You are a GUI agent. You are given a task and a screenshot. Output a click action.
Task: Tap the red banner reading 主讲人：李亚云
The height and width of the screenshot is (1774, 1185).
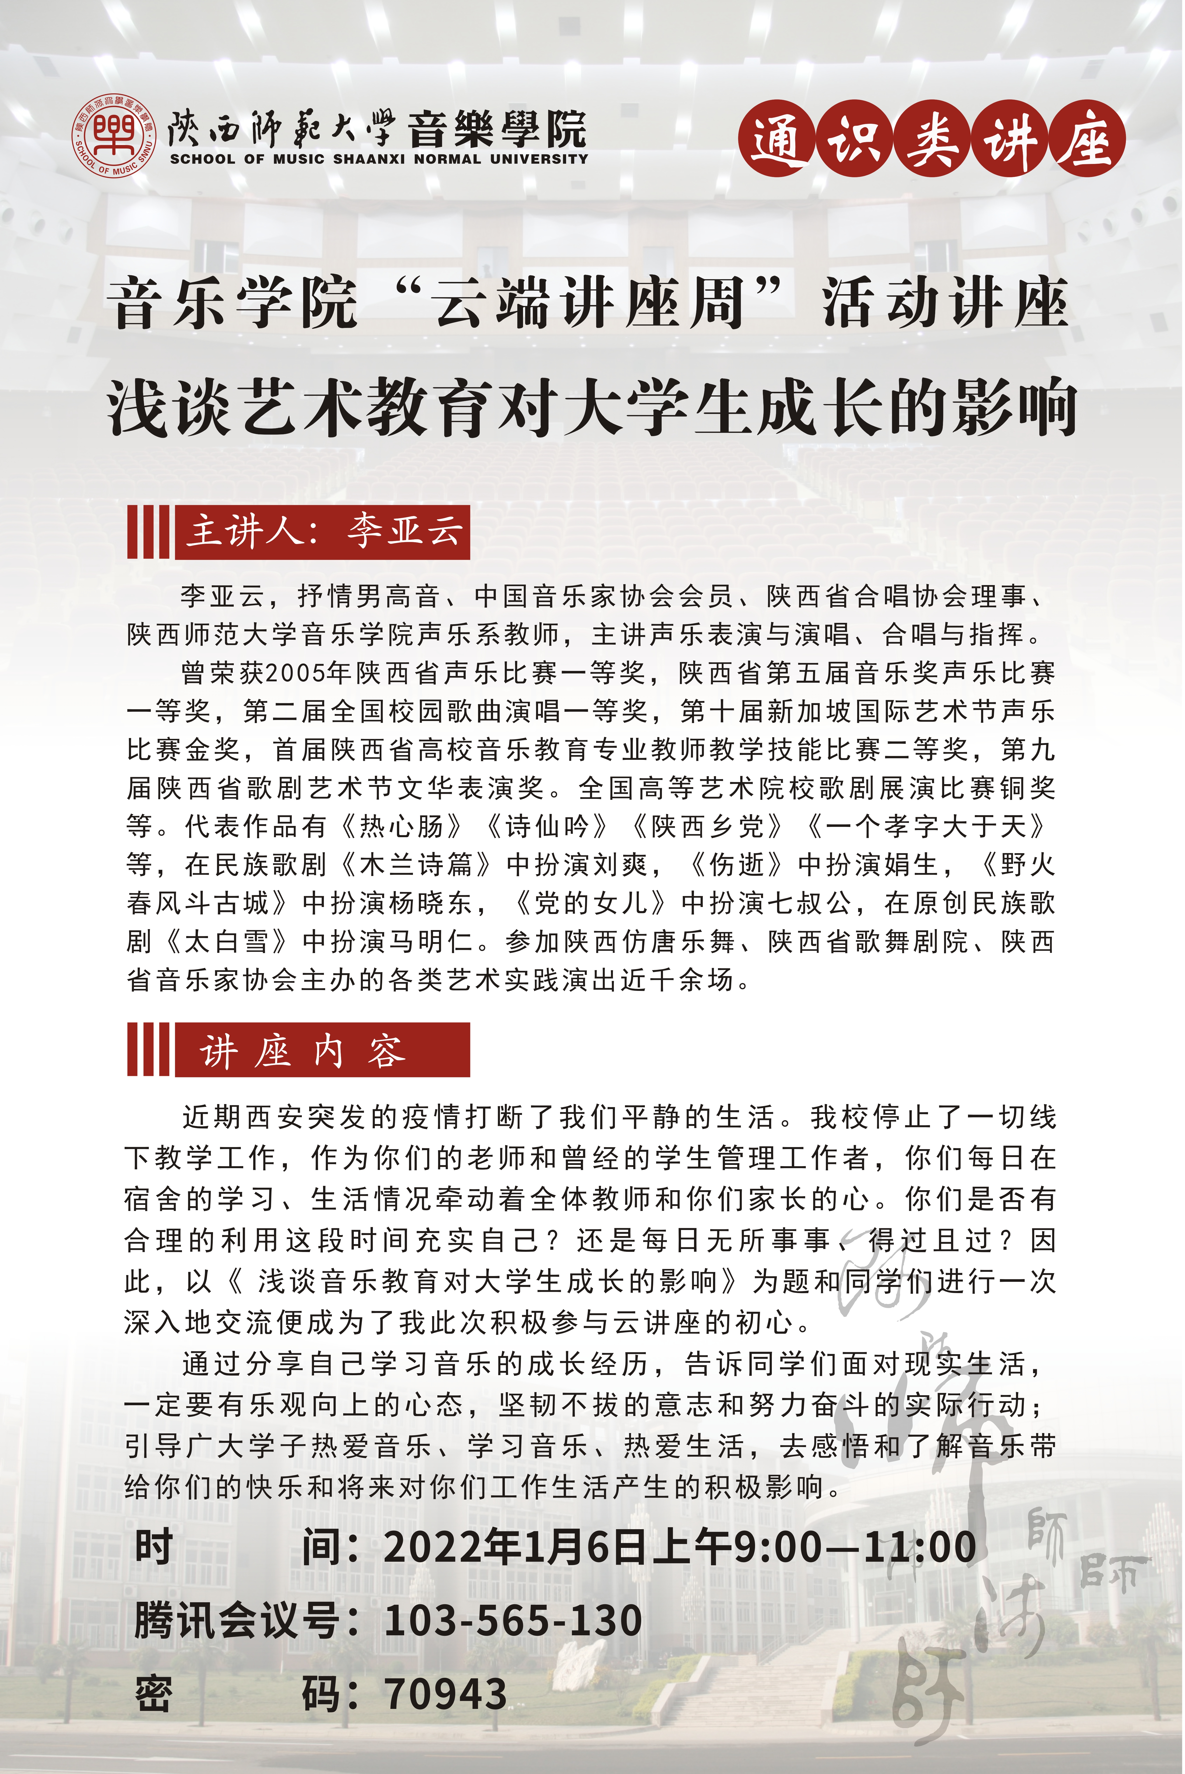click(323, 531)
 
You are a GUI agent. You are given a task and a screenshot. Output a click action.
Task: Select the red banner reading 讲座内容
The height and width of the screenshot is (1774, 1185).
click(323, 1050)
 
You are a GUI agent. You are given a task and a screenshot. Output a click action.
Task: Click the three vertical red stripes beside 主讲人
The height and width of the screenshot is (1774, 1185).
click(148, 531)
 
